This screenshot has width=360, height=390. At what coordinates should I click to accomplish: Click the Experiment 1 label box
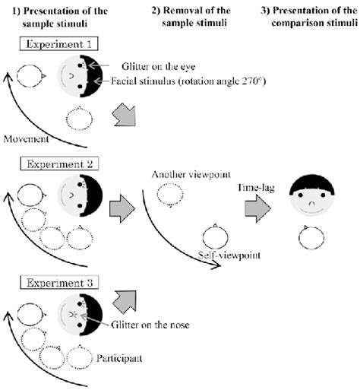pos(52,45)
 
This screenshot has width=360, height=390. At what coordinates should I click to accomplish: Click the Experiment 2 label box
pos(52,163)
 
